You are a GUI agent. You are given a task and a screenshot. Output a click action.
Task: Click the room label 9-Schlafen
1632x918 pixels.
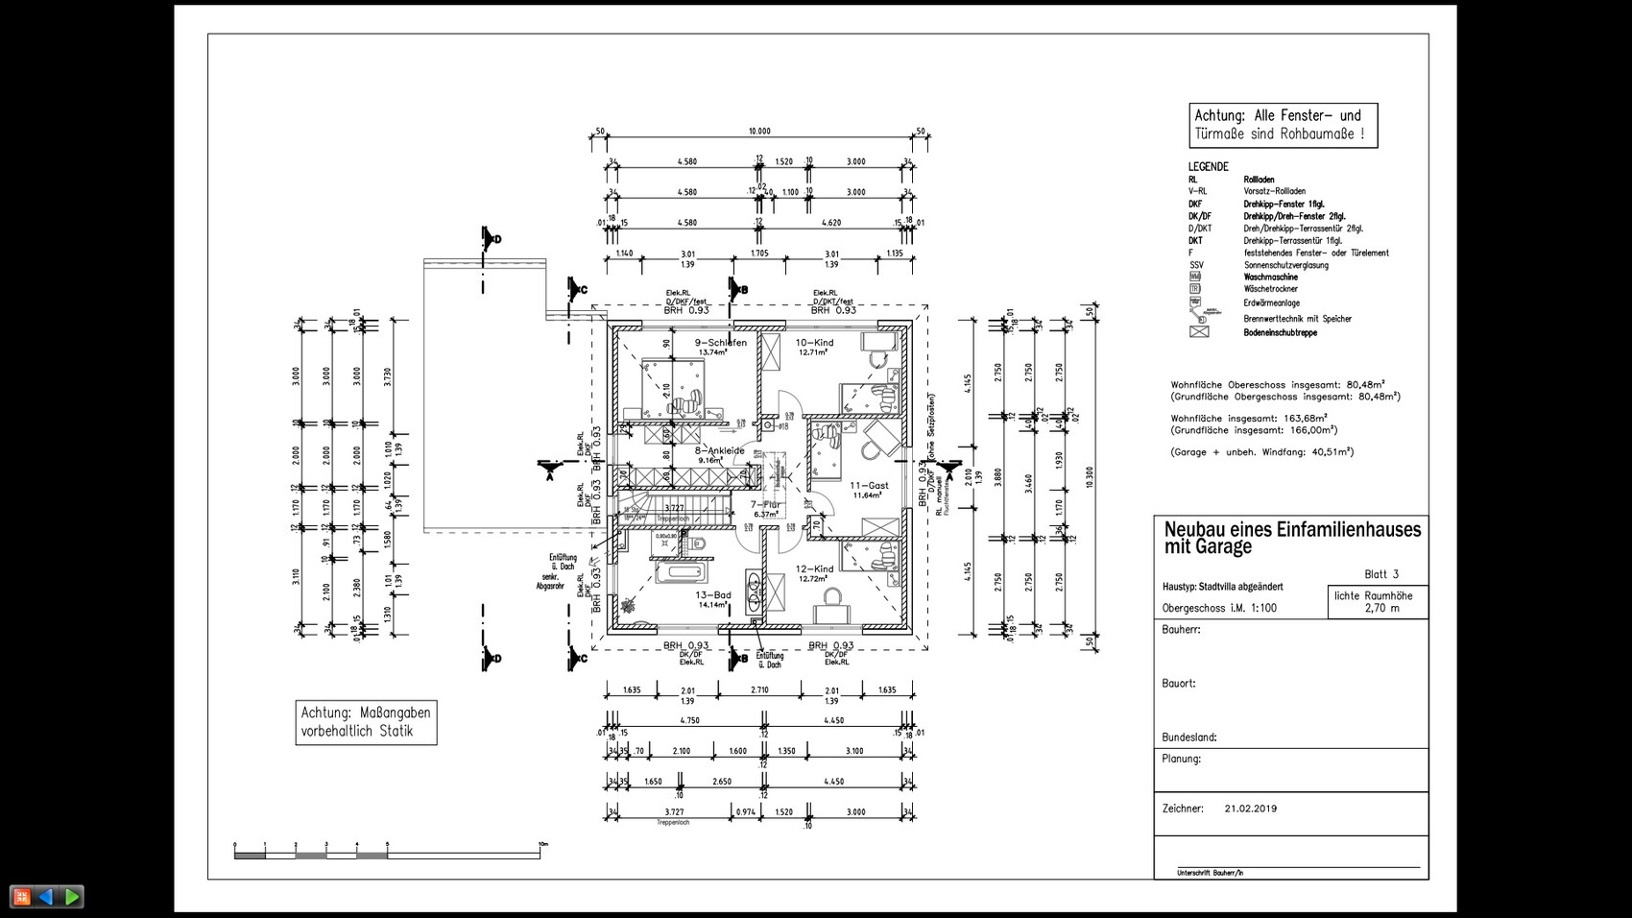click(x=720, y=343)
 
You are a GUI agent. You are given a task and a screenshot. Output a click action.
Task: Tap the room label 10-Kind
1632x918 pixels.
click(x=814, y=343)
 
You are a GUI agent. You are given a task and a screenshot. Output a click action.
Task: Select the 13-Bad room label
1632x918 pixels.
click(x=713, y=595)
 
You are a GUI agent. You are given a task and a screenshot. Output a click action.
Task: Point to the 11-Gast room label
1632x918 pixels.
click(x=869, y=486)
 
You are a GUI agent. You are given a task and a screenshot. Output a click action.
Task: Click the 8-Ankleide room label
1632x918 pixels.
click(x=719, y=450)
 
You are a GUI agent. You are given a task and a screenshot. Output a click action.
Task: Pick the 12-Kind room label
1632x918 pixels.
click(x=814, y=569)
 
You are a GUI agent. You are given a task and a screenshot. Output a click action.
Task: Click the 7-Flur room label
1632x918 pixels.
click(x=765, y=504)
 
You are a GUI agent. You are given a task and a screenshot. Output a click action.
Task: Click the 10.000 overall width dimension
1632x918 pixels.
click(x=759, y=132)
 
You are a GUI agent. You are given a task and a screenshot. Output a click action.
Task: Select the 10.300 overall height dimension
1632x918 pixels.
click(x=1089, y=477)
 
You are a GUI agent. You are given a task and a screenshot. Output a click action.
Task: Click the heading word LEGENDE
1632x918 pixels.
click(x=1208, y=166)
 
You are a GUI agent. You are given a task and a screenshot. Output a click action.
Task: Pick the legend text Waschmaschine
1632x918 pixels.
click(x=1270, y=277)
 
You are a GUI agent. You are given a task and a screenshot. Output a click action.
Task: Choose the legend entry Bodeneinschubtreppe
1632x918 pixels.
click(x=1280, y=332)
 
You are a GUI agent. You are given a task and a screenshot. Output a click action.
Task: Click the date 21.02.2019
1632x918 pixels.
click(x=1251, y=809)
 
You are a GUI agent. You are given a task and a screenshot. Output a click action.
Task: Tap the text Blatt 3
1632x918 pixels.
click(x=1381, y=574)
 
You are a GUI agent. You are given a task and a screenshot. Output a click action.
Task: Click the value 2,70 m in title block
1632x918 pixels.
click(x=1381, y=608)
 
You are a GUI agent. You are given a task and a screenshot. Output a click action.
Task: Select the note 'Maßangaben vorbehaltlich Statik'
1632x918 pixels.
click(x=366, y=722)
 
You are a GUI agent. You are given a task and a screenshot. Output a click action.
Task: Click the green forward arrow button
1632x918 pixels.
click(x=72, y=897)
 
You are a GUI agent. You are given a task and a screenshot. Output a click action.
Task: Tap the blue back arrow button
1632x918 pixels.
click(x=45, y=897)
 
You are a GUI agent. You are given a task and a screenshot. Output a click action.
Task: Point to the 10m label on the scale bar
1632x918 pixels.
click(x=543, y=844)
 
